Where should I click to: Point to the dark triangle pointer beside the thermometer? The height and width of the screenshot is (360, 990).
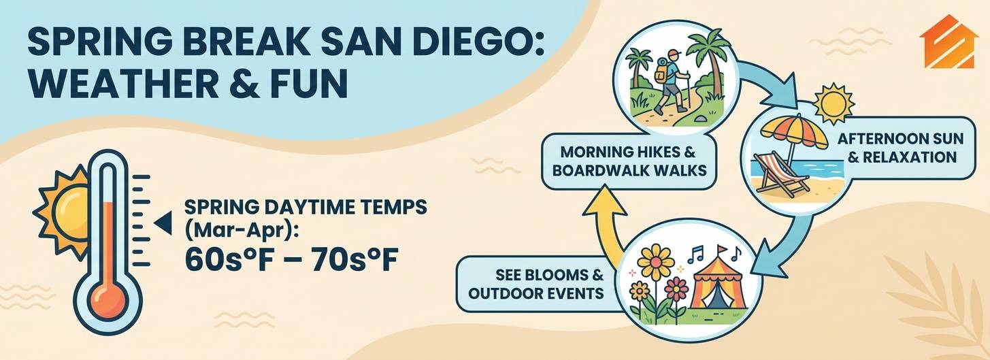[163, 224]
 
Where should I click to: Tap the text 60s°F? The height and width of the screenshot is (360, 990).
[223, 260]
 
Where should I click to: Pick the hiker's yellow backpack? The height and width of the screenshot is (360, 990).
[661, 71]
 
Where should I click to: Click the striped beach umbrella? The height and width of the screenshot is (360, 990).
[794, 133]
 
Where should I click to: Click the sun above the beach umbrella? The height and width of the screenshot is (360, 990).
[834, 103]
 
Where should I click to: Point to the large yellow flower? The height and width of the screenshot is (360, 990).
[656, 263]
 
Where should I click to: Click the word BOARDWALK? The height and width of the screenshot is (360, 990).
[599, 170]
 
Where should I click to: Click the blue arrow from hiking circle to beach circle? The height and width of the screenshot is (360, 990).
[769, 84]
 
